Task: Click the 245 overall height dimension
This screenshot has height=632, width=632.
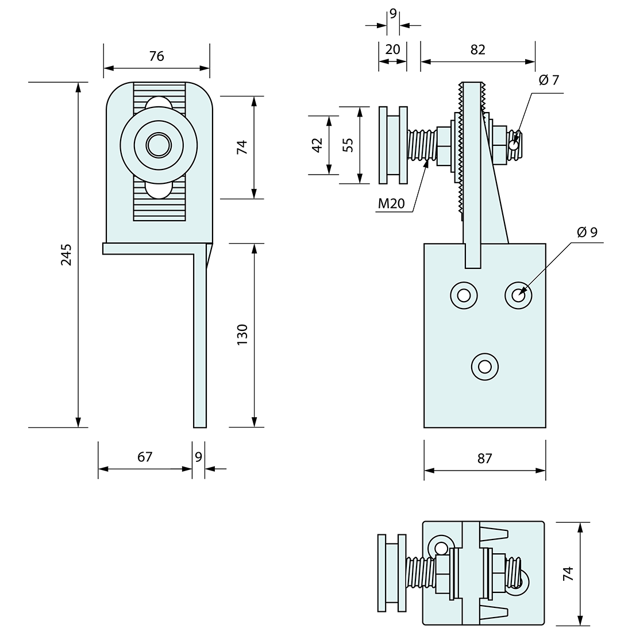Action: (67, 255)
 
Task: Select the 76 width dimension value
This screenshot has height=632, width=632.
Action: (156, 56)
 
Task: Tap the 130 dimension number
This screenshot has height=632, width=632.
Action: (242, 335)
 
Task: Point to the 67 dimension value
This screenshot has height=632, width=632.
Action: (145, 457)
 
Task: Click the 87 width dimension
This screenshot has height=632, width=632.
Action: (485, 458)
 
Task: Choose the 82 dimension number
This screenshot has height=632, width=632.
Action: (477, 50)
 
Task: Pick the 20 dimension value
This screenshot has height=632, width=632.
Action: (392, 50)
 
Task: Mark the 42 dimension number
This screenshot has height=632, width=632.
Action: (316, 145)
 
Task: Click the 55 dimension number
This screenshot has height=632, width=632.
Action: (346, 145)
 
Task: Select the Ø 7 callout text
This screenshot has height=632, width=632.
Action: (549, 80)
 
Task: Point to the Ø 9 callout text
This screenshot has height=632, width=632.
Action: (587, 232)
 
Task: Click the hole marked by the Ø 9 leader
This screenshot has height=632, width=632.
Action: (518, 295)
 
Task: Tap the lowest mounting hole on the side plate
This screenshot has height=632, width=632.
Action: (484, 366)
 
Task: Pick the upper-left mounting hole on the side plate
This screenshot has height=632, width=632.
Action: (464, 295)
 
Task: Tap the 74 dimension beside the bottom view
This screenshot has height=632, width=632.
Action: (568, 573)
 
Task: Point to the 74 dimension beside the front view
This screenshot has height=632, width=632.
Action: (242, 147)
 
